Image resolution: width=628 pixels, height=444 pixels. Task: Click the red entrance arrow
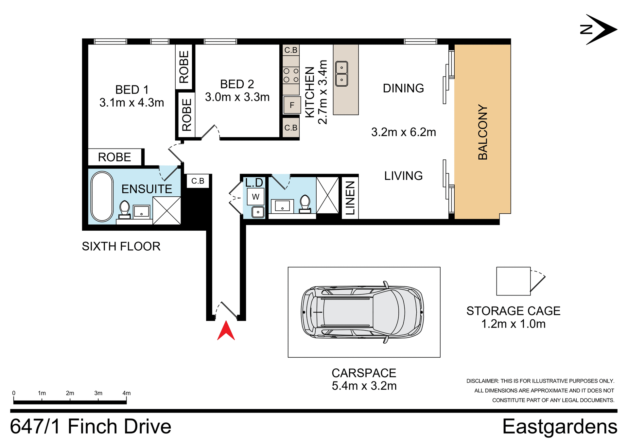tap(226, 331)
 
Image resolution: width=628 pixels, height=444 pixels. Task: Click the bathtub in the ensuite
tap(102, 196)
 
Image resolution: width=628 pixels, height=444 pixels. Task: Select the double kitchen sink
tap(341, 74)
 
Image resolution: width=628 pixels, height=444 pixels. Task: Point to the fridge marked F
tap(292, 105)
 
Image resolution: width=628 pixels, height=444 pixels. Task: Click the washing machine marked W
tap(255, 197)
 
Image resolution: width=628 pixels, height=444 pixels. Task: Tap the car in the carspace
tap(362, 312)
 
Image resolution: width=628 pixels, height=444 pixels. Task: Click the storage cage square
tap(513, 281)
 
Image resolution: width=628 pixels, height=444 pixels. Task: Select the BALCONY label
tap(483, 132)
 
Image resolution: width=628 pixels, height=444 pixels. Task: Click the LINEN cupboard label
tap(350, 198)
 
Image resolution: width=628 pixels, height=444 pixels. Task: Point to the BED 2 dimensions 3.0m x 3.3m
tap(237, 97)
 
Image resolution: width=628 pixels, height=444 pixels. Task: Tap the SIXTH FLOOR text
tap(121, 246)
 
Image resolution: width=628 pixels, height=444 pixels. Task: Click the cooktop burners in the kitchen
tap(291, 75)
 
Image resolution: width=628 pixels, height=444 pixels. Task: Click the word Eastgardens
tap(559, 427)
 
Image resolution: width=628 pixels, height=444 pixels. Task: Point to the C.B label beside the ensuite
tap(198, 181)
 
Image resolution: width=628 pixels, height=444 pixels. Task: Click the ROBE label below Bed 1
tap(114, 157)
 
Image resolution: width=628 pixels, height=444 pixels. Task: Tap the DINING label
tap(403, 88)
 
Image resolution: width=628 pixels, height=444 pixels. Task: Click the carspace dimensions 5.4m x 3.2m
tap(364, 386)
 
